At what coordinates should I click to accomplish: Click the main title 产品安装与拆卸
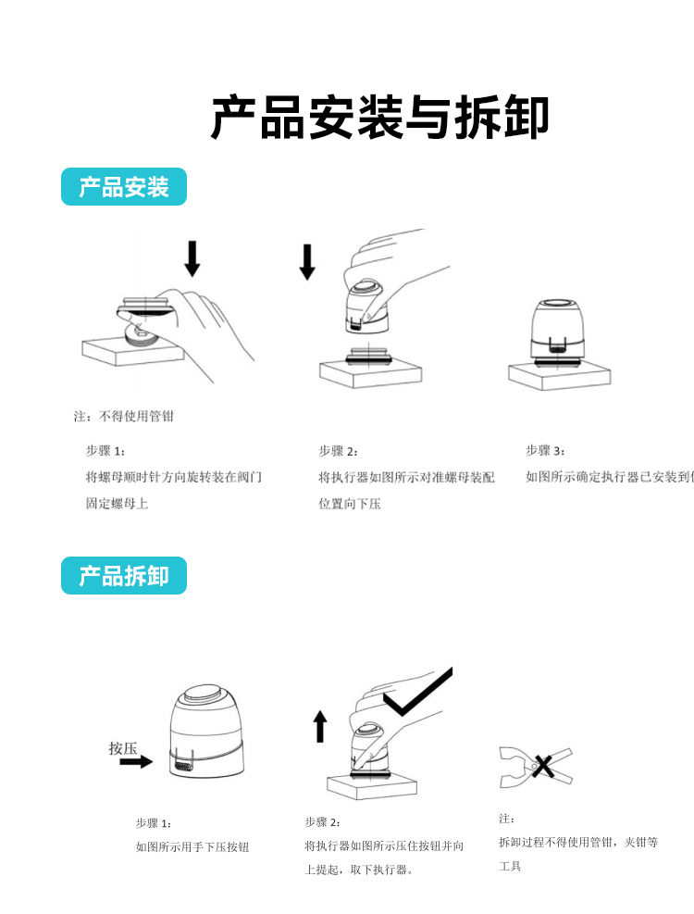379,119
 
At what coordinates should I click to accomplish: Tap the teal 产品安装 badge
124,187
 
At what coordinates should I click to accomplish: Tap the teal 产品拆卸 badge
124,576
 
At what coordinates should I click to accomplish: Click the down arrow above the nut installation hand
192,258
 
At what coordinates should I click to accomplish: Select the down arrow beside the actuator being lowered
307,262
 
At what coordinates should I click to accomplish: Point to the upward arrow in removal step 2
320,726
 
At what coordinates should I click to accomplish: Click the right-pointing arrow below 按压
135,761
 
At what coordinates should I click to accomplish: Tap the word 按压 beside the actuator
122,747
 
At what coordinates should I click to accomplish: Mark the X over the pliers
543,766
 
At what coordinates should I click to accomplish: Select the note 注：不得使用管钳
124,417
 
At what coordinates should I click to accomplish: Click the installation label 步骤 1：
105,451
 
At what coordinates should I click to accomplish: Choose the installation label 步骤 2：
338,451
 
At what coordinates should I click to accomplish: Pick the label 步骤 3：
545,451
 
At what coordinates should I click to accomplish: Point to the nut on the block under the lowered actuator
368,356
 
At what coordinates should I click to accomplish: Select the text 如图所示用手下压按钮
192,846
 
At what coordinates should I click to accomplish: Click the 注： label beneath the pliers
506,819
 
